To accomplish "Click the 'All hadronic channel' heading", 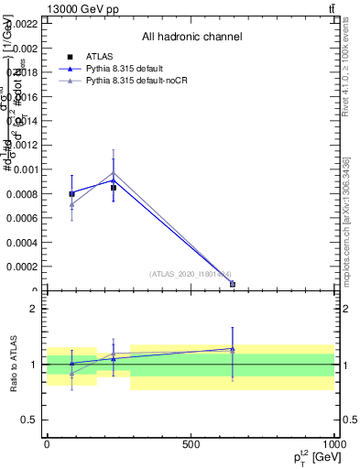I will pos(191,37).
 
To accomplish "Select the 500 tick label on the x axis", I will pos(191,444).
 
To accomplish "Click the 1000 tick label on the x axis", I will pos(333,444).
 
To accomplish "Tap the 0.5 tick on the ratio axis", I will pos(29,420).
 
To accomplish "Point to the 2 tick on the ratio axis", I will pos(33,309).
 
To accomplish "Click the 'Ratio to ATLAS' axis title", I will pos(13,364).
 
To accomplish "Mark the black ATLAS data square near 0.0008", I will pos(71,193).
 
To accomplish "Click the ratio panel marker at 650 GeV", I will pos(233,349).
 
